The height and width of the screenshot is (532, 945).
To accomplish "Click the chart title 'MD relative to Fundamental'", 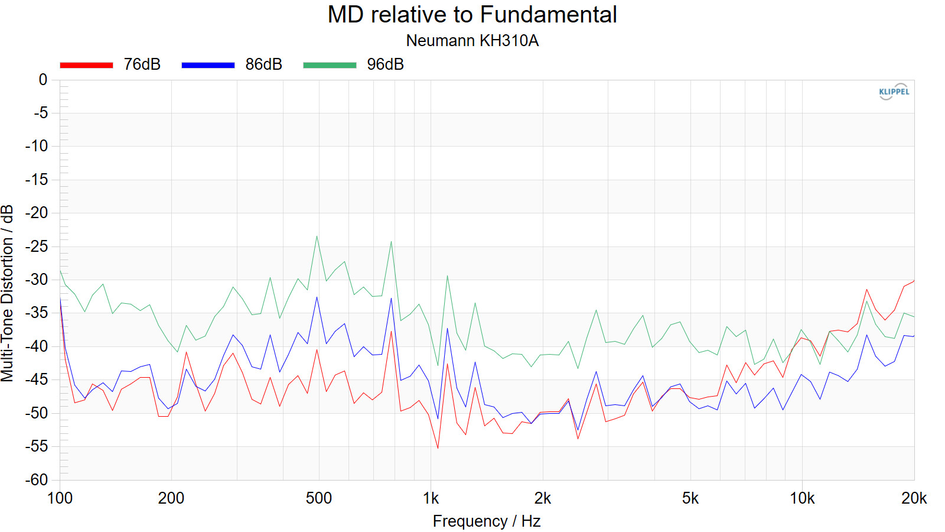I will point(472,15).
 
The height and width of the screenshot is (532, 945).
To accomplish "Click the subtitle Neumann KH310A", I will point(472,41).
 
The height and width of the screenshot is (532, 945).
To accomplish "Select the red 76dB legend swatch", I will point(86,65).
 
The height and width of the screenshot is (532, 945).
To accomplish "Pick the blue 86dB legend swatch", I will point(208,65).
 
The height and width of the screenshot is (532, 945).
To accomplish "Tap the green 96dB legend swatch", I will point(330,65).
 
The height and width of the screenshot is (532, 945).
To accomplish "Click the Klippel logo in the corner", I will point(894,92).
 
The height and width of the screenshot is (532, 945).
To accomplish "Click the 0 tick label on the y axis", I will point(43,80).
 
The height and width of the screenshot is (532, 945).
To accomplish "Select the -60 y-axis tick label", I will point(37,480).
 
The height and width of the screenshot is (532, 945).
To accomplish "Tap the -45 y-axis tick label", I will point(37,379).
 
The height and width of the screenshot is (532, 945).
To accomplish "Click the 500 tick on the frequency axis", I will point(318,498).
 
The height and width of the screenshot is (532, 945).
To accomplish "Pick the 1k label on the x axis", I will point(431,498).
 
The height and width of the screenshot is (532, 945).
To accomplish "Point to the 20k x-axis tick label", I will point(914,498).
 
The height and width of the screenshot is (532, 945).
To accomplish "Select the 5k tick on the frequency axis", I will point(690,498).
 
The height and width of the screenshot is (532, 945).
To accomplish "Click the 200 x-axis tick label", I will point(171,498).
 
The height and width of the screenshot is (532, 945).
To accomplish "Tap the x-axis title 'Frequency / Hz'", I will point(486,521).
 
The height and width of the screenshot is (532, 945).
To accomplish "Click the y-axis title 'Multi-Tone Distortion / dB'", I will point(7,293).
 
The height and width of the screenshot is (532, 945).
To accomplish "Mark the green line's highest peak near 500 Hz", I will point(317,236).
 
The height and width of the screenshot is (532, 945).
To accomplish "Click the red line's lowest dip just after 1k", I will point(438,448).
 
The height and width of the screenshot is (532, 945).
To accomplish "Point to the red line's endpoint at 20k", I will point(914,281).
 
